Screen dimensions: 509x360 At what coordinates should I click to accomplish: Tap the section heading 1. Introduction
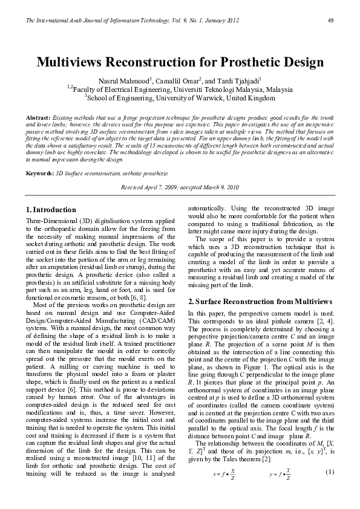click(x=52, y=210)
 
